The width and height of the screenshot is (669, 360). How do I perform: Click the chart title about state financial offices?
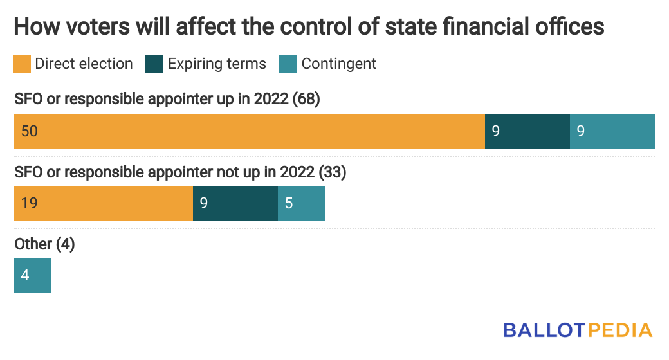click(x=309, y=28)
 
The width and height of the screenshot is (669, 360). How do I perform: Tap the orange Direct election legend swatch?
click(x=23, y=64)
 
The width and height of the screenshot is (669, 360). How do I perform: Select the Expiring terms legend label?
click(x=217, y=64)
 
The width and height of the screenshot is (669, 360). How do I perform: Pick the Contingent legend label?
click(x=339, y=64)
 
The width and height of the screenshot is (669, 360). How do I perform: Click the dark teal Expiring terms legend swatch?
click(x=155, y=64)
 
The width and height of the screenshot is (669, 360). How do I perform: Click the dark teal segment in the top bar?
click(x=527, y=132)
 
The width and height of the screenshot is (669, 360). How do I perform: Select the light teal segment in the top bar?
click(x=612, y=132)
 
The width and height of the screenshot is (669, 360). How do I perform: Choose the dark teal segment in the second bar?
click(x=235, y=204)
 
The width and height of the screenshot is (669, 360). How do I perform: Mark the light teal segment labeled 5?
click(x=301, y=204)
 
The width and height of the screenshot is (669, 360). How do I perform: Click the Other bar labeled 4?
click(x=32, y=276)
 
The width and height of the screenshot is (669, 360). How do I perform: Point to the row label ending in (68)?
click(x=167, y=100)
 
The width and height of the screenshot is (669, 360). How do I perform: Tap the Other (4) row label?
click(x=44, y=244)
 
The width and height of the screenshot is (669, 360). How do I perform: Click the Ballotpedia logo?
click(x=578, y=330)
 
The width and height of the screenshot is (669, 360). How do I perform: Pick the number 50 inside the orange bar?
click(x=29, y=132)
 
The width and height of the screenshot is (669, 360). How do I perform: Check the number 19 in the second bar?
click(x=29, y=204)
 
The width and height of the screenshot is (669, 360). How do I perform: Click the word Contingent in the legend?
click(x=339, y=64)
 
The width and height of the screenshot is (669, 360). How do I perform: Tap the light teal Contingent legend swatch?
click(x=288, y=64)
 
